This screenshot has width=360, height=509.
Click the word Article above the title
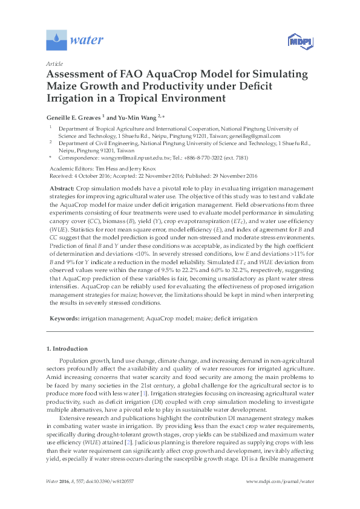coord(54,63)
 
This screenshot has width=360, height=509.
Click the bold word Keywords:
coord(64,318)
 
